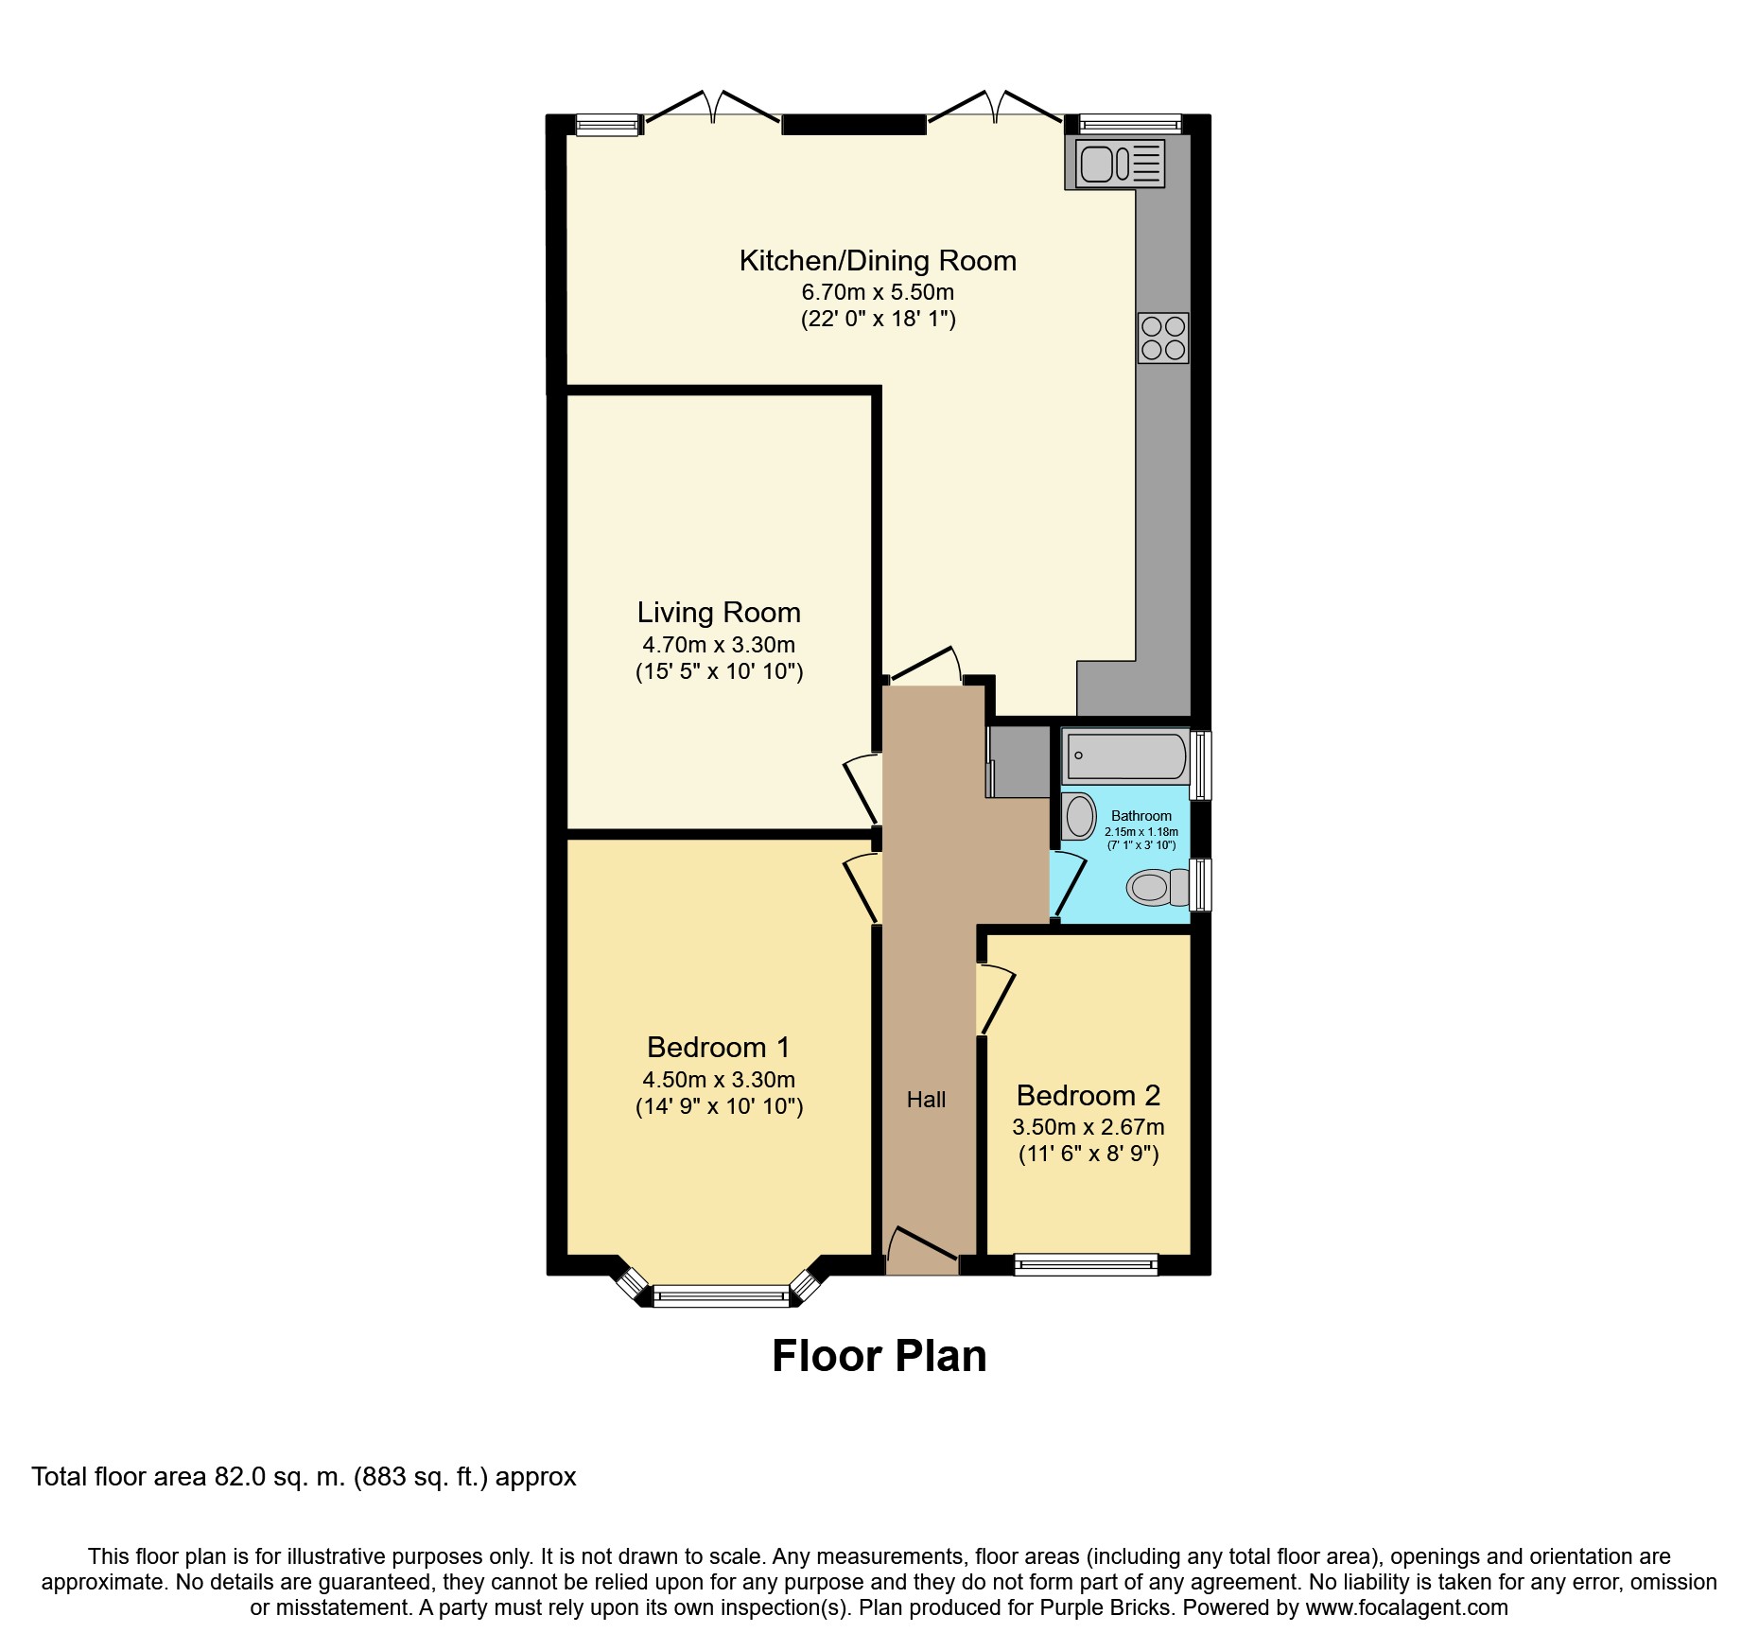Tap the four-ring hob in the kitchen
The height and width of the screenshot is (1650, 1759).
pyautogui.click(x=1163, y=338)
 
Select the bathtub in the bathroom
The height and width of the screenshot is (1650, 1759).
pyautogui.click(x=1126, y=756)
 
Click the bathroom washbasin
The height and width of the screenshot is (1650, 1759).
pyautogui.click(x=1079, y=816)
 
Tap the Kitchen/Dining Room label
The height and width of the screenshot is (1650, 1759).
pyautogui.click(x=878, y=261)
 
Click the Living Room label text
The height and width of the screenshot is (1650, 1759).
pyautogui.click(x=719, y=613)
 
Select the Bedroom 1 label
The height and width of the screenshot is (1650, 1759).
pyautogui.click(x=719, y=1048)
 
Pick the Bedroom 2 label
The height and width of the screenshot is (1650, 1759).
pyautogui.click(x=1088, y=1096)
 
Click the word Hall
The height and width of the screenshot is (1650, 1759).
pyautogui.click(x=926, y=1100)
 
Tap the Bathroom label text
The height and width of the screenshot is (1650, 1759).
pyautogui.click(x=1141, y=816)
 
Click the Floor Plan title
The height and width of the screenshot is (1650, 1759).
pyautogui.click(x=879, y=1356)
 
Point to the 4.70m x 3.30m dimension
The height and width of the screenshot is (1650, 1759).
pyautogui.click(x=719, y=645)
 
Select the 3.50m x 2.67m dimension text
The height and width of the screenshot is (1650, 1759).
pyautogui.click(x=1088, y=1127)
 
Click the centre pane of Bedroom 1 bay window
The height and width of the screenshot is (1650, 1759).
pyautogui.click(x=721, y=1295)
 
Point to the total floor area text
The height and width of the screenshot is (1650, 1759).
pyautogui.click(x=304, y=1477)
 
